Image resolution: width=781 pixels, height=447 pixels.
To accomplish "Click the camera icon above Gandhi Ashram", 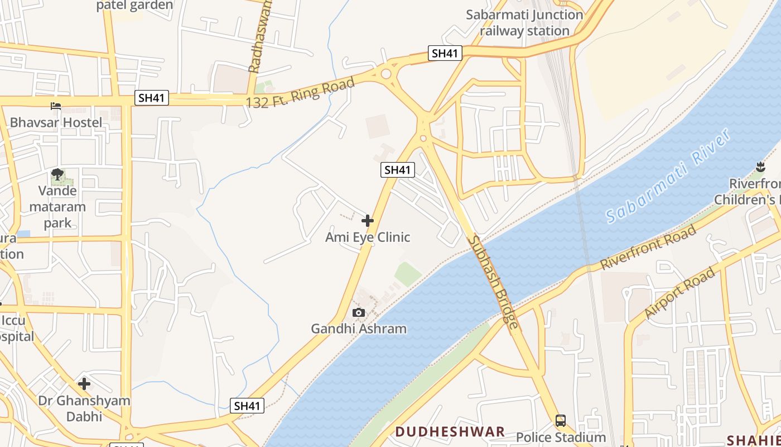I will pos(359,312).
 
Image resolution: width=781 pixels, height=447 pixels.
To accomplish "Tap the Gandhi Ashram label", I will pos(359,329).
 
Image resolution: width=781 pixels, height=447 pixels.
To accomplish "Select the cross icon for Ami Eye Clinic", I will pos(368,221).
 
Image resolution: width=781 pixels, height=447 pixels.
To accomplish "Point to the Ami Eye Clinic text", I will pos(368,237).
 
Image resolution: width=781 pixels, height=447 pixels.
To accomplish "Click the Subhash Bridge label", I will pos(493,281).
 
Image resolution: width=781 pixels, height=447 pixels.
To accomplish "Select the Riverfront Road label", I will pos(648,248).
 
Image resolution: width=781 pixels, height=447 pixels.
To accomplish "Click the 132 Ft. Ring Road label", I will pos(300,93).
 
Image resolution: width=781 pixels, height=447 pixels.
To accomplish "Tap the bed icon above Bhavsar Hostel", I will pos(56,106).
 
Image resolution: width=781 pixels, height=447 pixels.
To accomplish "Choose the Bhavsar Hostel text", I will pos(56,122).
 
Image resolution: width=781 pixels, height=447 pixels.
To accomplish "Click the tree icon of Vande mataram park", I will pos(57,174).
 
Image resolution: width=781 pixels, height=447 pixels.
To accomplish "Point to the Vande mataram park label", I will pos(57,207).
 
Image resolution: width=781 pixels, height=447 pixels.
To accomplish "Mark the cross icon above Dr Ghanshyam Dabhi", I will pos(84,384).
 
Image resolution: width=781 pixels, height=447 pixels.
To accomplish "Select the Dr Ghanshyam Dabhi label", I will pos(84,408).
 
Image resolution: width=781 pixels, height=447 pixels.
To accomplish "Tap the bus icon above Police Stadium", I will pos(561,421).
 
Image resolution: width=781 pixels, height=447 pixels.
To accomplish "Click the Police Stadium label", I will pos(561,437).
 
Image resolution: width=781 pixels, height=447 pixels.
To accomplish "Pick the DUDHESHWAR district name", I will pos(450,431).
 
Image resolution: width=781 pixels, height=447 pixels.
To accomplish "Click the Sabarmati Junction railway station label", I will pos(524,23).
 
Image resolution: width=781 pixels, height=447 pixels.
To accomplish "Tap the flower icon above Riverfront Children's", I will pos(760,166).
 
